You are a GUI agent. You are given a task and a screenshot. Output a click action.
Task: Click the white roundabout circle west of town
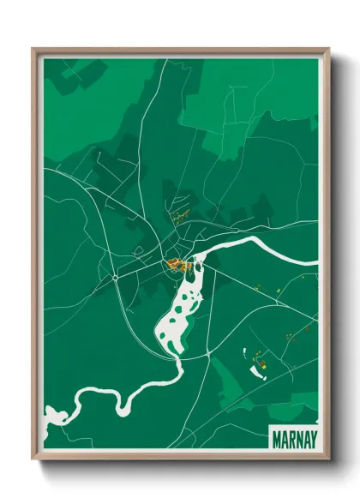pos(115,278)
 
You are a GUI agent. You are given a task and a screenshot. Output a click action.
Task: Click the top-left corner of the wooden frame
pos(33,50)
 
